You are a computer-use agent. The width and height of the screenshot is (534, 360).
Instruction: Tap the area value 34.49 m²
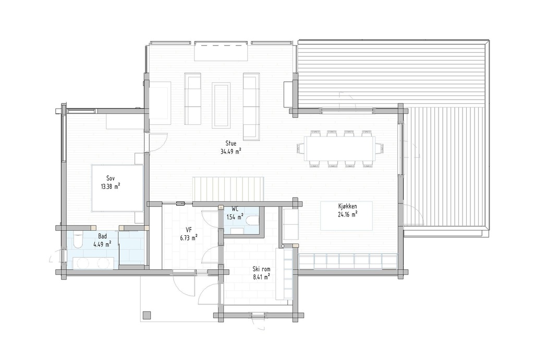tap(230, 152)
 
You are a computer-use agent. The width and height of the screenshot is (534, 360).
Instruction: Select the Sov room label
tap(111, 177)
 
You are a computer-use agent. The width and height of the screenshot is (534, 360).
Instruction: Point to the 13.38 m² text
tap(111, 186)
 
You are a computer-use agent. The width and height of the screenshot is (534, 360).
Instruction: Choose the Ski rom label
tap(261, 269)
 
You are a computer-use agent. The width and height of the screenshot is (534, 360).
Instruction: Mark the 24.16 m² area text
tap(346, 214)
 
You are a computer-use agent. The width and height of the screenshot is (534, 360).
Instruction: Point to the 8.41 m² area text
tap(261, 278)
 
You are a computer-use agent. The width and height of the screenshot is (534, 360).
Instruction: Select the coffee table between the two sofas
tap(221, 105)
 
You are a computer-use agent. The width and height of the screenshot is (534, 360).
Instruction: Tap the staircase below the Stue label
tap(228, 188)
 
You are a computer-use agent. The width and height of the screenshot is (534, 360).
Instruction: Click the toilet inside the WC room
tap(252, 220)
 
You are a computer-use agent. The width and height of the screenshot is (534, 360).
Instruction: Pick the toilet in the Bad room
tap(78, 240)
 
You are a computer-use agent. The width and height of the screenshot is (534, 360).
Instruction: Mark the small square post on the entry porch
tap(147, 315)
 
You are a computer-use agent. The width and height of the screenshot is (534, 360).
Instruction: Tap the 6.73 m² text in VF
tap(188, 238)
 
